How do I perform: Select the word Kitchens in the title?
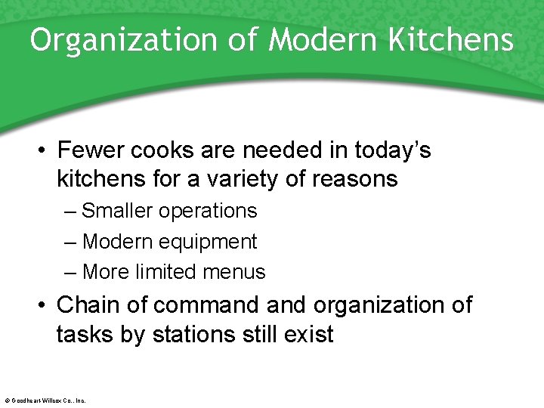(451, 40)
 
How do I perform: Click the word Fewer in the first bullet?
(90, 150)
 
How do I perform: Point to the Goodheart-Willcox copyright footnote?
(45, 400)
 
